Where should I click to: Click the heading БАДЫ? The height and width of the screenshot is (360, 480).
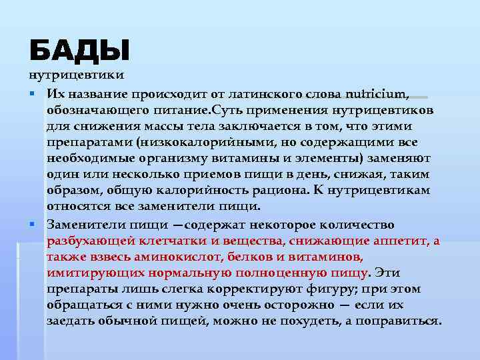(79, 51)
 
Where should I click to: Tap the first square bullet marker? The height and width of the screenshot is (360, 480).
(31, 93)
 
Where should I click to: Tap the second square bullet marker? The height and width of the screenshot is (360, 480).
(31, 225)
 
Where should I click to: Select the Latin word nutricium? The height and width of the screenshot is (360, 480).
(377, 93)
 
